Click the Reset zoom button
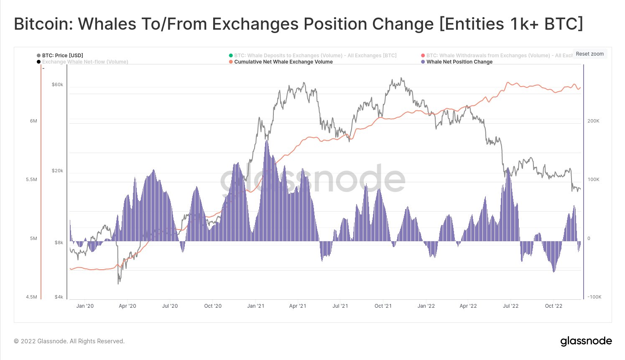(x=589, y=54)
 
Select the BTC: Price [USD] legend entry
(x=62, y=56)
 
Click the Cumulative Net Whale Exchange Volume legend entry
(x=283, y=62)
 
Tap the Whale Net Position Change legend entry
(x=459, y=62)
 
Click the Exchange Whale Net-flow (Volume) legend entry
(x=85, y=62)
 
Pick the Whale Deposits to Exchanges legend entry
(x=315, y=56)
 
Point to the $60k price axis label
(x=57, y=84)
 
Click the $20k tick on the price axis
(x=57, y=171)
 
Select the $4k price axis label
(x=59, y=297)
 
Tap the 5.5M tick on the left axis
(x=31, y=179)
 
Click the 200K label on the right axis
(x=593, y=121)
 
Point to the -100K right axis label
(x=594, y=297)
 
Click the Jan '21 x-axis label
(x=256, y=306)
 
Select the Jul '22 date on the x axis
(x=510, y=306)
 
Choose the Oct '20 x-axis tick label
(x=213, y=306)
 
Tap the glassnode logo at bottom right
(x=586, y=341)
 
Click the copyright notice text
(x=69, y=341)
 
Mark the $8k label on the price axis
(x=59, y=243)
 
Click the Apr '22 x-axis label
(x=468, y=306)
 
